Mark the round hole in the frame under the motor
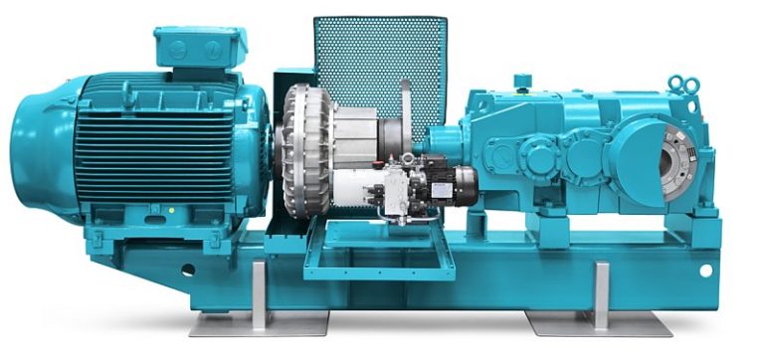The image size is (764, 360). (187, 269)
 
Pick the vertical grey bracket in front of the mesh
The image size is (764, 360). (406, 109)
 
